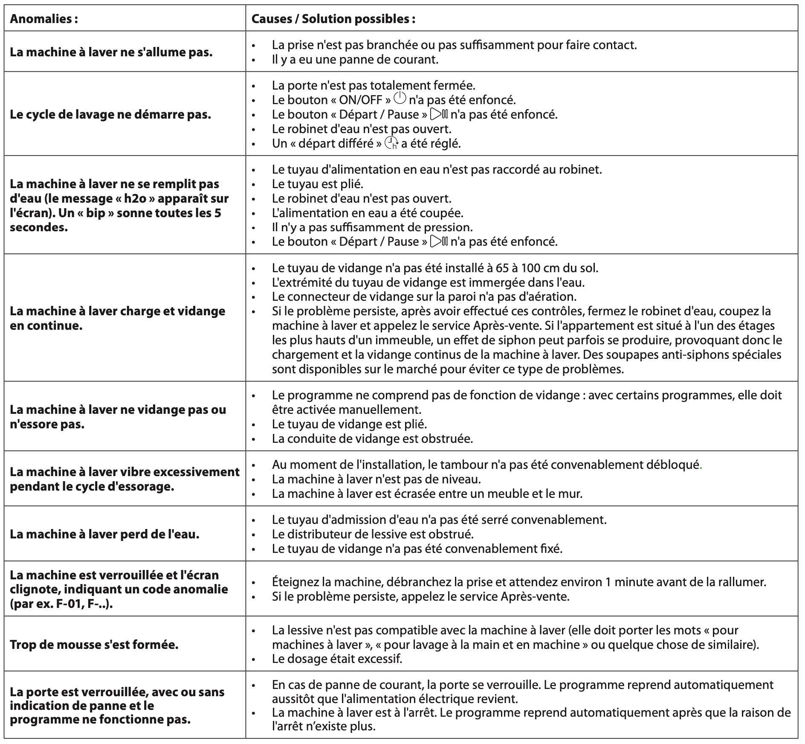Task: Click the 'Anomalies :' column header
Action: [x=43, y=19]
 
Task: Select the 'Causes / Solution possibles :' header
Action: [x=333, y=19]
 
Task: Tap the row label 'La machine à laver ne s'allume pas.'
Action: [x=111, y=52]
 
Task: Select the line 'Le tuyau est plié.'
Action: [x=317, y=184]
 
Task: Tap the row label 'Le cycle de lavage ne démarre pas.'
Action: [x=110, y=114]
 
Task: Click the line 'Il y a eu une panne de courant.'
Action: [x=355, y=59]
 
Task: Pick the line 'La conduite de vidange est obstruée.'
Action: [x=372, y=438]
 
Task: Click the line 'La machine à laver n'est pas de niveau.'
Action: [x=376, y=479]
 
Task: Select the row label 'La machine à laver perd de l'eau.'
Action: [x=104, y=534]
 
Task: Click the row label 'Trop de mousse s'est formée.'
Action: [x=94, y=644]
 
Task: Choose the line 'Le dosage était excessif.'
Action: [x=337, y=659]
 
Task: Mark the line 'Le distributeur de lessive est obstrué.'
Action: [x=373, y=534]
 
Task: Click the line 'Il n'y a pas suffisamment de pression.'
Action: [x=372, y=227]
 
